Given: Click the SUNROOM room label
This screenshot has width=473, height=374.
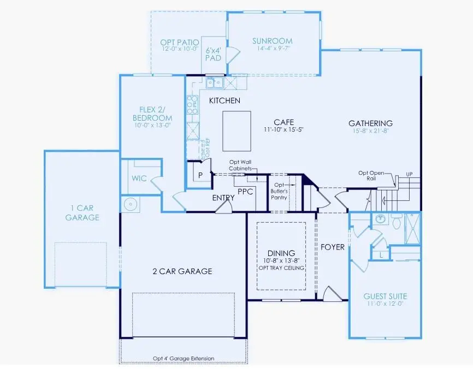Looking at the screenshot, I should point(272,41).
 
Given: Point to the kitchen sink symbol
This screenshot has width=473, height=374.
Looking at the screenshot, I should point(214,83).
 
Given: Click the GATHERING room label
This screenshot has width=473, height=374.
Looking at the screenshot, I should point(370,123).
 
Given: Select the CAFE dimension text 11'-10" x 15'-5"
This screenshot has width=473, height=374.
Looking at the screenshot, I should point(283,130).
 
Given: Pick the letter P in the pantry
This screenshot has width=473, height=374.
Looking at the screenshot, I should point(200,175).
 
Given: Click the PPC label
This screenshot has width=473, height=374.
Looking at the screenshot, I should point(245,191).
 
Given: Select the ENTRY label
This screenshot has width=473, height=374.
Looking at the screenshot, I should point(223,197).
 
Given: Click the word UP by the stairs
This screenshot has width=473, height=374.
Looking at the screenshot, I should point(409,174).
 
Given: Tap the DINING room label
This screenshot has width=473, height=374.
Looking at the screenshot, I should point(281,253).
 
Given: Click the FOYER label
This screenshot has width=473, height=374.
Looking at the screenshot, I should point(332,247).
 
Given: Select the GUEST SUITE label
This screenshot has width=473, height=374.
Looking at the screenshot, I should point(385,296).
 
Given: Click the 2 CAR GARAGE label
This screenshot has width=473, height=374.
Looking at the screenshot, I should point(182,271).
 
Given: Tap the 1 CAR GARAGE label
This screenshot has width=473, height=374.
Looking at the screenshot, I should point(82,212).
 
